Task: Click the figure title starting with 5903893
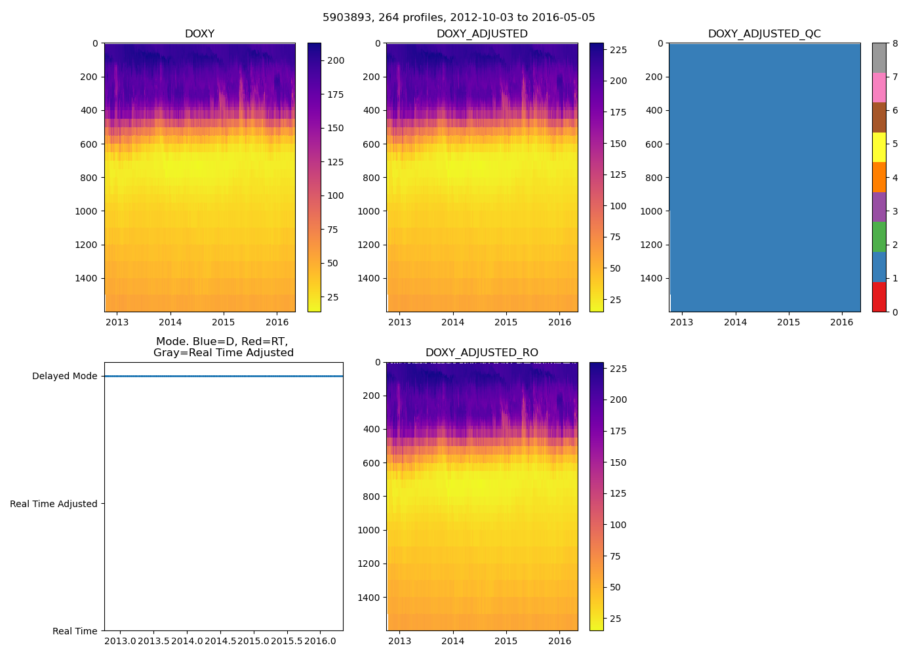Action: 459,18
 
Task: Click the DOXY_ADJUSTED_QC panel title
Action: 764,34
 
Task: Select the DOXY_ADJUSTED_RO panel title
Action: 482,353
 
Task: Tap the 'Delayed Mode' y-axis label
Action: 64,377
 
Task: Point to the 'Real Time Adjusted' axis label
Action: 54,504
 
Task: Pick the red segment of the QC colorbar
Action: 879,297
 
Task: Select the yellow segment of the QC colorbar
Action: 879,148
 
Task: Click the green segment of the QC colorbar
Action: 879,237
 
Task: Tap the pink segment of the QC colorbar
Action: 879,88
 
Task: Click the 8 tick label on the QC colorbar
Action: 895,44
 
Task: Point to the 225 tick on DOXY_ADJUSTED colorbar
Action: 618,50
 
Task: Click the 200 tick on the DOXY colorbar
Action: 336,61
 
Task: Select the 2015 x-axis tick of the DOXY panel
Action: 224,322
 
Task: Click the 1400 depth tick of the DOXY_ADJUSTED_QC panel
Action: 651,279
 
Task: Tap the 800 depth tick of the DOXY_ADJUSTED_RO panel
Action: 370,497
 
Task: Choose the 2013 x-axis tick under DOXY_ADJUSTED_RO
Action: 399,641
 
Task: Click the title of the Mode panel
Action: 223,347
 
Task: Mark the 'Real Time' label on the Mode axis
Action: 75,631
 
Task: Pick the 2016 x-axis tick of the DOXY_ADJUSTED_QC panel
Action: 842,322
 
